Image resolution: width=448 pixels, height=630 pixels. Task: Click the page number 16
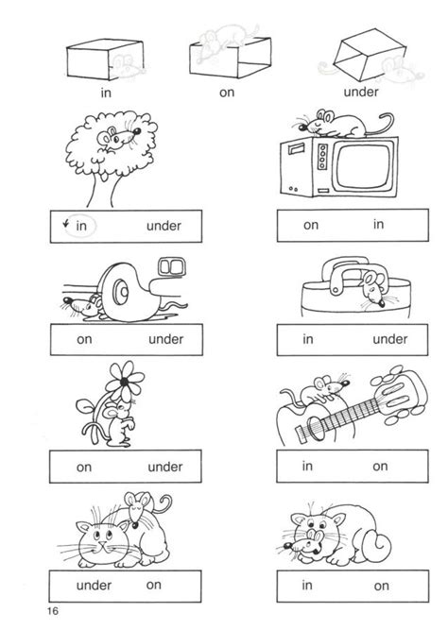pyautogui.click(x=52, y=611)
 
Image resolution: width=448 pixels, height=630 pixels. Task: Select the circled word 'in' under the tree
pyautogui.click(x=81, y=226)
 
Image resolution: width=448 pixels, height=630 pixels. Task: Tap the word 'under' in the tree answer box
pyautogui.click(x=164, y=226)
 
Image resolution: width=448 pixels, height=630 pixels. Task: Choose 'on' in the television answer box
pyautogui.click(x=311, y=225)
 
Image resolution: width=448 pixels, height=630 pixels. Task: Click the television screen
pyautogui.click(x=364, y=166)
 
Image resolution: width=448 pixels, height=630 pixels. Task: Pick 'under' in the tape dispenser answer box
pyautogui.click(x=165, y=339)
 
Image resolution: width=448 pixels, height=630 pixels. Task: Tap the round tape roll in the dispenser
pyautogui.click(x=121, y=290)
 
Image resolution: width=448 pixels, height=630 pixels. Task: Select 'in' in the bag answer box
pyautogui.click(x=308, y=339)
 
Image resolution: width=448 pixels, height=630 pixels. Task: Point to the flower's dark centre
pyautogui.click(x=124, y=381)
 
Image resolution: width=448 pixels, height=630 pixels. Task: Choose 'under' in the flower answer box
pyautogui.click(x=164, y=467)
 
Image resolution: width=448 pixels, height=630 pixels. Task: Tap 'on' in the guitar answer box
pyautogui.click(x=380, y=467)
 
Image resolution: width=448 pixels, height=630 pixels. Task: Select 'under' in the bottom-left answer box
pyautogui.click(x=94, y=585)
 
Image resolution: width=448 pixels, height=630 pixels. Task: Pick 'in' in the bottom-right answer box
pyautogui.click(x=307, y=585)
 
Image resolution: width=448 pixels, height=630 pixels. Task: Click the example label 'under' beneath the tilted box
pyautogui.click(x=361, y=92)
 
